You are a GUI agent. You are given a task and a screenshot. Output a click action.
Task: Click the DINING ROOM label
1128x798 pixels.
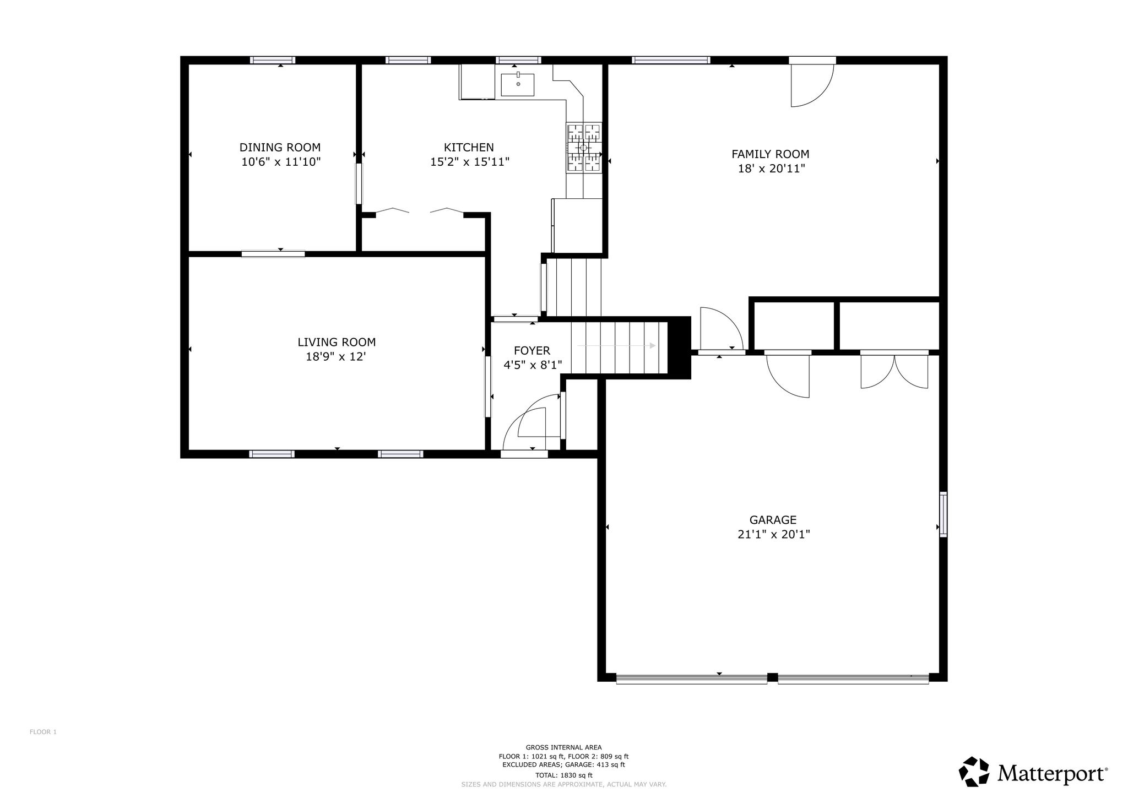click(280, 148)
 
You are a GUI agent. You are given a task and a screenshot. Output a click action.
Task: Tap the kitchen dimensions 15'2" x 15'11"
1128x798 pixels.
click(470, 162)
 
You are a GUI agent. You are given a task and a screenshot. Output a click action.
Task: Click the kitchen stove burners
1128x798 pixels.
click(584, 148)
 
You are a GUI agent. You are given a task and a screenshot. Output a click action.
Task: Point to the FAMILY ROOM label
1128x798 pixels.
click(771, 154)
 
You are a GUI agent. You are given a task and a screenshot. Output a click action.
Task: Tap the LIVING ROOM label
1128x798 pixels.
click(337, 342)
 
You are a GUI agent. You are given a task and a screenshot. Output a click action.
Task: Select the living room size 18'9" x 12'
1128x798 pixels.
click(336, 357)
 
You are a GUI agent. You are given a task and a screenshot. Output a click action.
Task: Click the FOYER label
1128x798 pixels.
click(532, 350)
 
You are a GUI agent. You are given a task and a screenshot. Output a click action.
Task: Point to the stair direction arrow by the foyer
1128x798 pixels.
click(616, 346)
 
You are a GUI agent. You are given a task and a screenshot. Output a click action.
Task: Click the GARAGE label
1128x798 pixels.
click(773, 520)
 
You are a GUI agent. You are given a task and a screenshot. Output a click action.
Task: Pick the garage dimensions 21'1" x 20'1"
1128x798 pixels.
click(774, 534)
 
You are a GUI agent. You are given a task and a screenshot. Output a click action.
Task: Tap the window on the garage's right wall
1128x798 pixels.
click(943, 514)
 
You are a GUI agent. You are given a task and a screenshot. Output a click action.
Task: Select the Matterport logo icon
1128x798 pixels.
click(975, 772)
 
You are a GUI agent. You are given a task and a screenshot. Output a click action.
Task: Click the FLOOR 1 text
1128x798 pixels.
click(43, 732)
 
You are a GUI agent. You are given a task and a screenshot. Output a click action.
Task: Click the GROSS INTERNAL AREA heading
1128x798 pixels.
click(563, 747)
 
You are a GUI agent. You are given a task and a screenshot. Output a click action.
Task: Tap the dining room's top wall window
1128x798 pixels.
click(273, 60)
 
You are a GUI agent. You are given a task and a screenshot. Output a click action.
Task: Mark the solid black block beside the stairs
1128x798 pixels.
click(679, 348)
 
